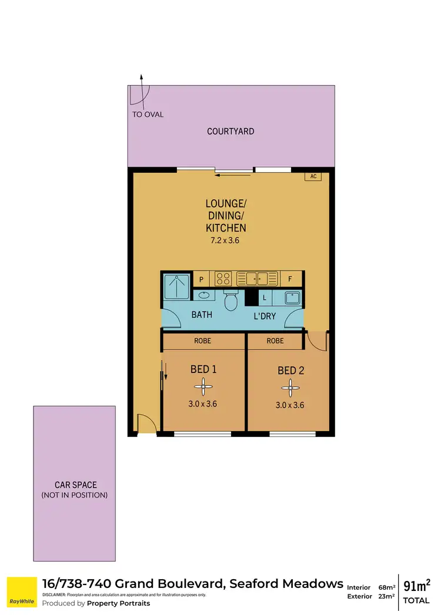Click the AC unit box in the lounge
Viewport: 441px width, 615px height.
click(313, 176)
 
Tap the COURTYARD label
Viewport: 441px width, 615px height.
click(230, 131)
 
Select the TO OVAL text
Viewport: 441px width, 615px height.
click(148, 115)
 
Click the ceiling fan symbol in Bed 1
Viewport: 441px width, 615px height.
click(203, 386)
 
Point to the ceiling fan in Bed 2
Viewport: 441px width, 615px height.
click(288, 387)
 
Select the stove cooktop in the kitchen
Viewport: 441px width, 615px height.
click(223, 278)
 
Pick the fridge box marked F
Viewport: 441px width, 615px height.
click(290, 278)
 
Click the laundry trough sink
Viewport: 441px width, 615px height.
click(290, 298)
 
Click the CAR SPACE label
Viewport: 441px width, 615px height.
click(75, 485)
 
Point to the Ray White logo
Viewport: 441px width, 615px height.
click(22, 593)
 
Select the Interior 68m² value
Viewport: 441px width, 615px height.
click(387, 587)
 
